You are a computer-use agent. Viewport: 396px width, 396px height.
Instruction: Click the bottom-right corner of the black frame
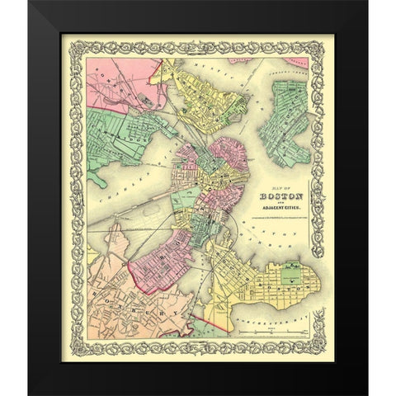(366, 394)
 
